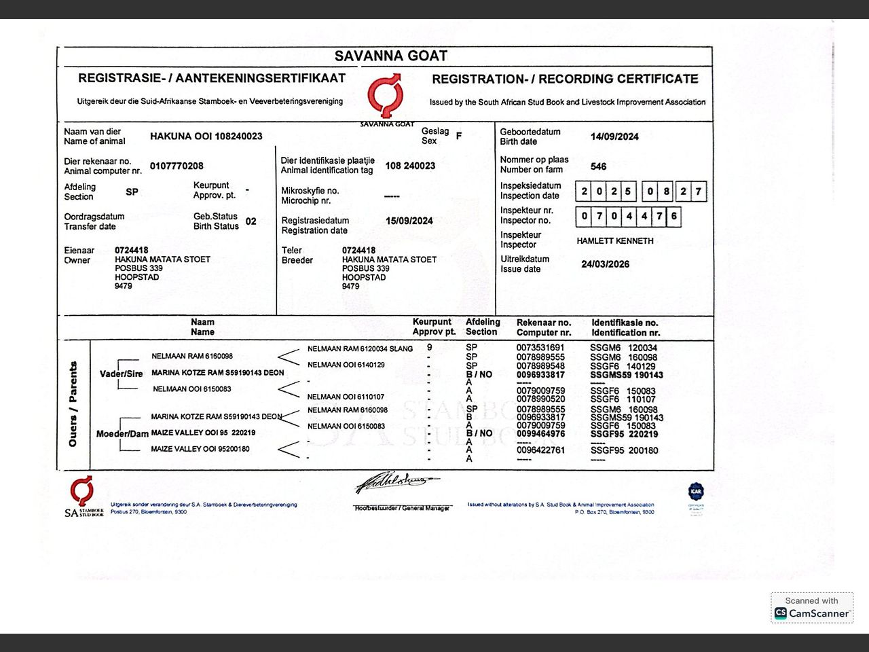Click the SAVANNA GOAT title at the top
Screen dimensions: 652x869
coord(391,56)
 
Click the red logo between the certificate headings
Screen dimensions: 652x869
coord(386,96)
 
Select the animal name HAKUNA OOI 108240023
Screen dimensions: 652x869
coord(206,136)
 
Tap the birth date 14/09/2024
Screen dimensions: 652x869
coord(614,137)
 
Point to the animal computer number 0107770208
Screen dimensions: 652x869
coord(177,166)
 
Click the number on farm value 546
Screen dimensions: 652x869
coord(598,166)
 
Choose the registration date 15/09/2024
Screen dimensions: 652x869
coord(409,221)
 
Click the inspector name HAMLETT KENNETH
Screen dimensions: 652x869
coord(615,241)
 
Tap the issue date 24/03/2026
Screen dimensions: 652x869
coord(605,264)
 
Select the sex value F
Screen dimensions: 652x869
coord(459,136)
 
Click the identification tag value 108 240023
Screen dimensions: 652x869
coord(410,166)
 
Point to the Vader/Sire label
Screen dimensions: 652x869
coord(121,374)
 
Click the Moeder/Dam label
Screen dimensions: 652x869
coord(122,433)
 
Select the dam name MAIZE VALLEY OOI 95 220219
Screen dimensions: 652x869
coord(203,433)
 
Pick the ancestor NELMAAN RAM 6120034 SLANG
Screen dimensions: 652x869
coord(360,348)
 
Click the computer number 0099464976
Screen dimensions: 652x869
coord(540,433)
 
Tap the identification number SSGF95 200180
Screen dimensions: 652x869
coord(624,450)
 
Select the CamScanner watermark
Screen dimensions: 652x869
coord(812,608)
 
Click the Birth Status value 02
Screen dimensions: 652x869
coord(251,221)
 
